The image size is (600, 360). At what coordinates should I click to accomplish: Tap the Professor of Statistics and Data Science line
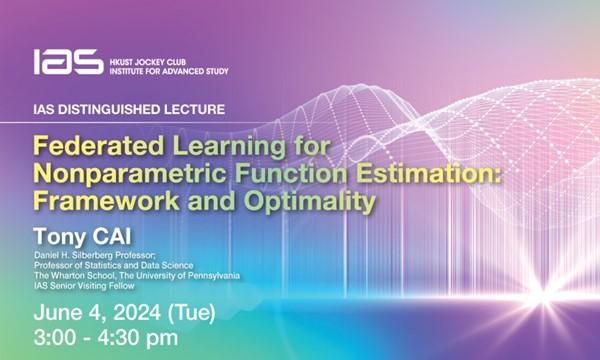pyautogui.click(x=125, y=265)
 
